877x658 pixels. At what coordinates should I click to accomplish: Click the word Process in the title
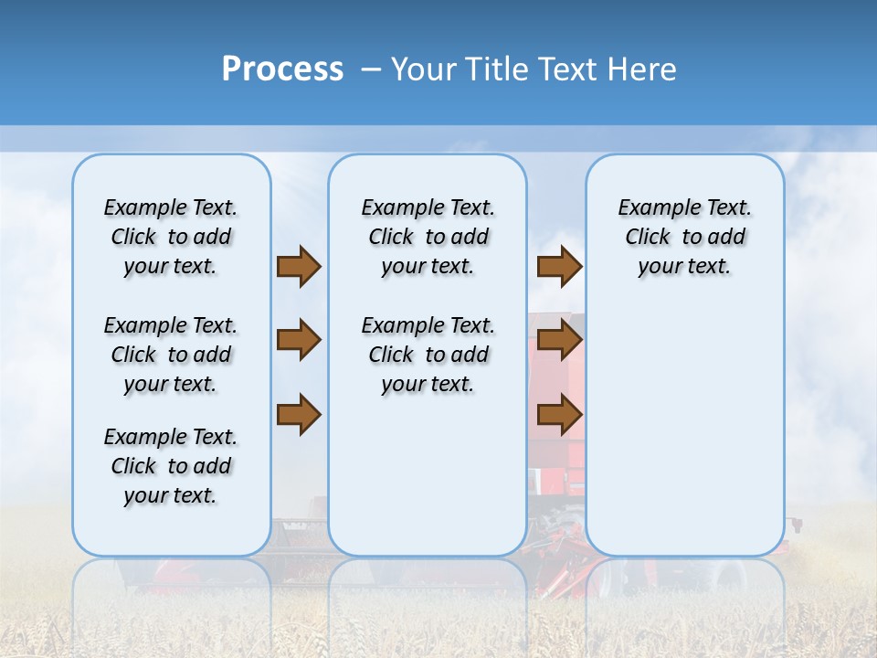(282, 69)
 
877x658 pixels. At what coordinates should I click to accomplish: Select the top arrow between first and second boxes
(299, 266)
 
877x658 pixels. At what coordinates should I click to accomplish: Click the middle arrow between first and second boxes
(299, 340)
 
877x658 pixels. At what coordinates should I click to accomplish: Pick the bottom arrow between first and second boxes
(299, 414)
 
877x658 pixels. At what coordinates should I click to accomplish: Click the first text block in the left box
(171, 237)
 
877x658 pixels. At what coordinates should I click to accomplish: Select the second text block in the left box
(171, 355)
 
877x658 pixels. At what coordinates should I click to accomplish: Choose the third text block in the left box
(171, 466)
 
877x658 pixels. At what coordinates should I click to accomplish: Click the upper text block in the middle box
(428, 237)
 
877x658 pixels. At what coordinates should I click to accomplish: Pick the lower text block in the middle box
(428, 355)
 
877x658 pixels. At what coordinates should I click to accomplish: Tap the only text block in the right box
(684, 237)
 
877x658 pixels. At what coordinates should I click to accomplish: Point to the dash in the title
(371, 70)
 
